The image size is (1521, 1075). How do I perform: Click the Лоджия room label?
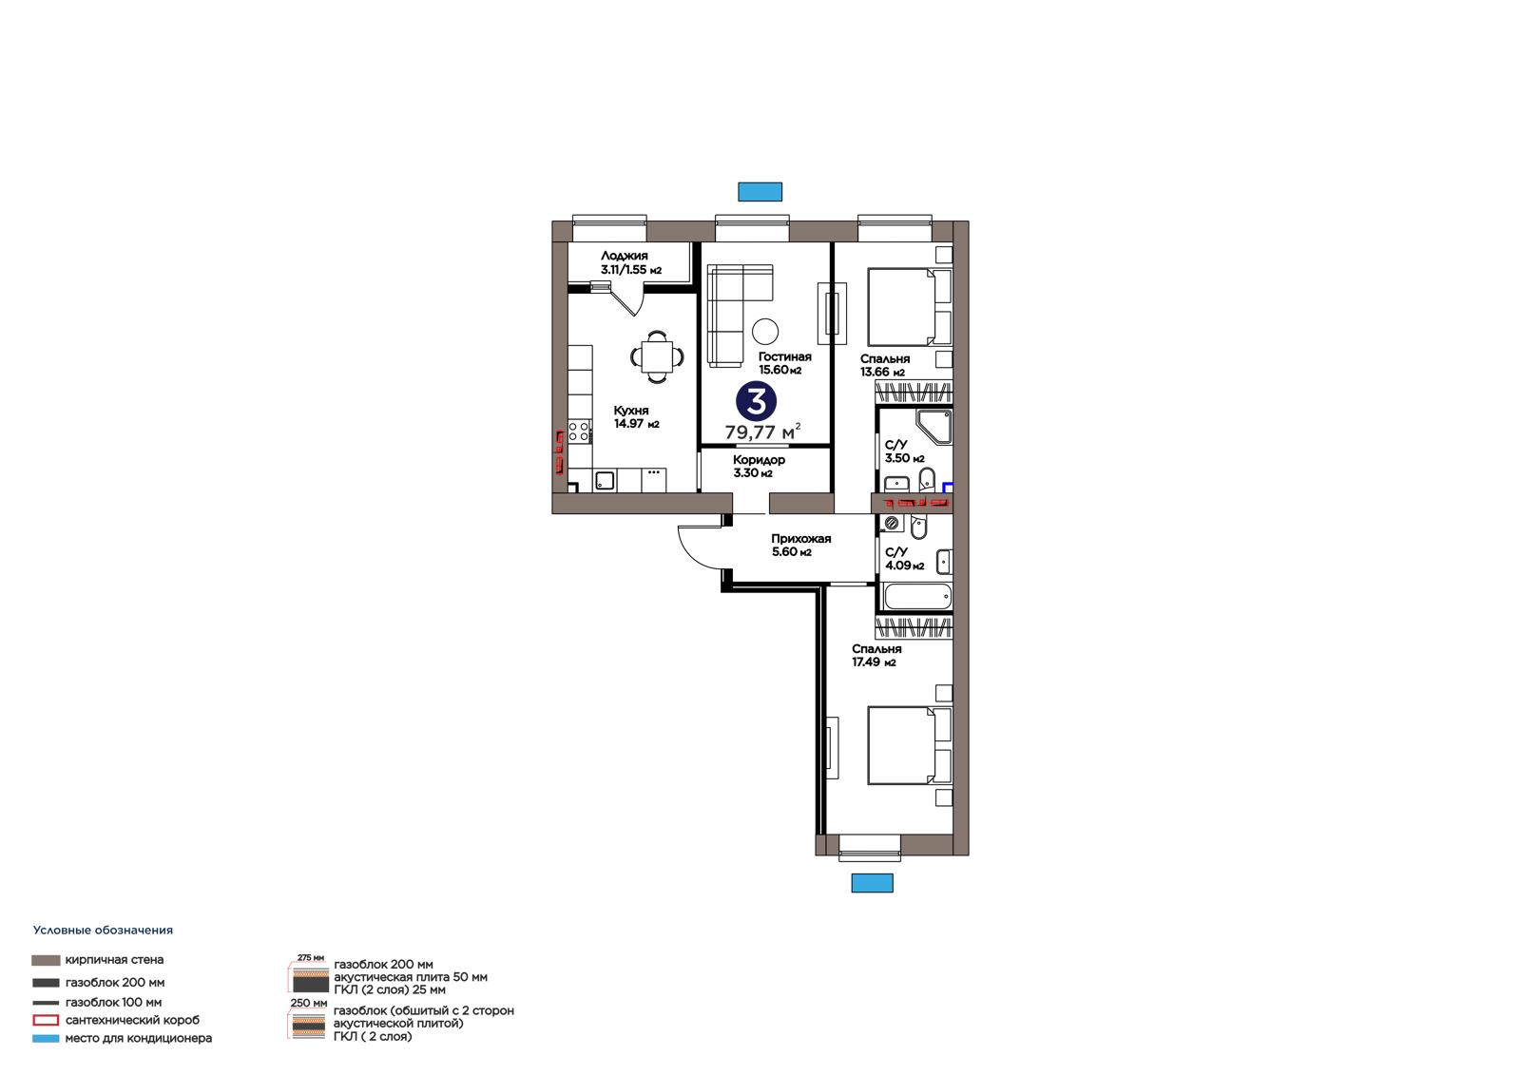pos(624,256)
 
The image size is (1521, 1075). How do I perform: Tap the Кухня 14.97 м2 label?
pos(636,417)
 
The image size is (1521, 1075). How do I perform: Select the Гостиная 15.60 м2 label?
pos(784,363)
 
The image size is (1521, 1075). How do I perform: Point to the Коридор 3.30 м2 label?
pos(759,467)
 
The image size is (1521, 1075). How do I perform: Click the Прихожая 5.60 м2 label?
pos(800,546)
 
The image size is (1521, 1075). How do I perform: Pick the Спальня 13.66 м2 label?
pos(884,365)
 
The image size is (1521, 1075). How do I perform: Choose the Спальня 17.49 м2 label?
pos(876,655)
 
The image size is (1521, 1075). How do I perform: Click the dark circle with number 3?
pos(756,401)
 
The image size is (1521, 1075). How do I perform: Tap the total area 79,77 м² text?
pos(762,432)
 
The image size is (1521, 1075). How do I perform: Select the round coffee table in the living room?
pos(765,332)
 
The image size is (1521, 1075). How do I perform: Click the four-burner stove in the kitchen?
pos(579,432)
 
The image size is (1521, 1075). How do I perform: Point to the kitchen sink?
pos(605,481)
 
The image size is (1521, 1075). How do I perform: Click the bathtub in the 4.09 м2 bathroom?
pos(917,598)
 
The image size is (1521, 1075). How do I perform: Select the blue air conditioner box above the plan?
pos(760,191)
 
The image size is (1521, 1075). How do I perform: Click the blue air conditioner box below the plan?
pos(872,883)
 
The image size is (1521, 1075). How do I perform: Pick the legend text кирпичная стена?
pos(114,960)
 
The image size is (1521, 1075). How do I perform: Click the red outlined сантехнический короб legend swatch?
pos(46,1020)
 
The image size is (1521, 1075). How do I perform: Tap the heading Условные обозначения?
pos(103,931)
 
